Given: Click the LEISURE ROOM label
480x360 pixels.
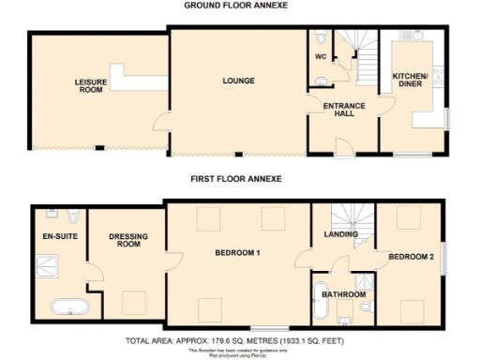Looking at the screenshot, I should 91,86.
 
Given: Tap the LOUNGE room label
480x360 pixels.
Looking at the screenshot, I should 239,82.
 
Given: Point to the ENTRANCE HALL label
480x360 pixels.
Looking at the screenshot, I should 343,110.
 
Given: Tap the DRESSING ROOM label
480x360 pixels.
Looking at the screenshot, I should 125,240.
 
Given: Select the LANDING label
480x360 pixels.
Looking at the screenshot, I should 337,234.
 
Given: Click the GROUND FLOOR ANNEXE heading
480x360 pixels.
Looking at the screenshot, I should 234,6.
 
